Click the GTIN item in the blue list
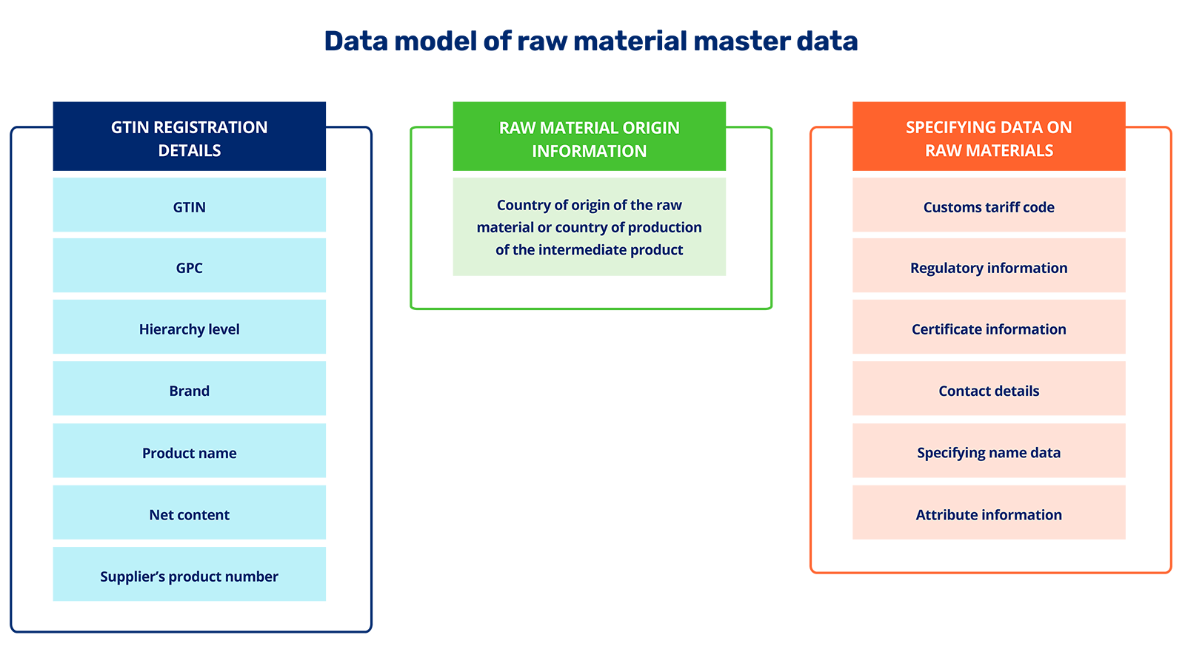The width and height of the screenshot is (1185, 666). click(190, 207)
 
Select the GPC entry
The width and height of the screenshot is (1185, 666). click(190, 268)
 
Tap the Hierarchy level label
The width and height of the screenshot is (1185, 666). click(190, 329)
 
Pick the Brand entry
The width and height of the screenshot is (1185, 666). click(190, 391)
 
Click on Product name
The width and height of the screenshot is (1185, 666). click(190, 453)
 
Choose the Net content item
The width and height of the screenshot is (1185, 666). click(190, 514)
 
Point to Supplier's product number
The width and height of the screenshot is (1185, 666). click(190, 576)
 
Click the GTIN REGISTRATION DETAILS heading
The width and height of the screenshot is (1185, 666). click(190, 138)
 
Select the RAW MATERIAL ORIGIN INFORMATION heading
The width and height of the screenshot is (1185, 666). click(590, 139)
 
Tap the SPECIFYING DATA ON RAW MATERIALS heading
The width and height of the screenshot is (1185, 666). click(989, 138)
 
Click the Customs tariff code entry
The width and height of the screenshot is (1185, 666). click(989, 207)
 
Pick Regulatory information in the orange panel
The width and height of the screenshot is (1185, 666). click(989, 268)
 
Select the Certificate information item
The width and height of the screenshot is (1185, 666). click(989, 329)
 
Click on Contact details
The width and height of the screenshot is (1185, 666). click(989, 391)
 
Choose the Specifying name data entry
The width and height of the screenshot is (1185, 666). click(989, 452)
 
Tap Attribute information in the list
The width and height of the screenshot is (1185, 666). click(989, 514)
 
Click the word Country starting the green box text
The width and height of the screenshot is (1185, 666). click(524, 205)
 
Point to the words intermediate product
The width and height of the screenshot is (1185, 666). click(611, 250)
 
